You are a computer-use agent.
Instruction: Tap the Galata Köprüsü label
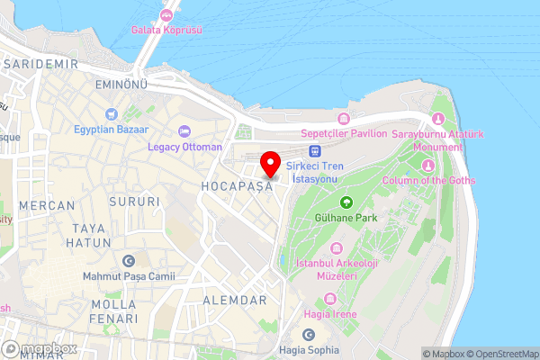coord(166,30)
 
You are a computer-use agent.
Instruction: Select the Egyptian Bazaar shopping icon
coord(110,113)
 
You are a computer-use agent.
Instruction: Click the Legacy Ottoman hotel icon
coord(184,131)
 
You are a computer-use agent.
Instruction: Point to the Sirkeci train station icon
coord(314,151)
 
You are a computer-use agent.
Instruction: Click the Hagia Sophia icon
coord(309,335)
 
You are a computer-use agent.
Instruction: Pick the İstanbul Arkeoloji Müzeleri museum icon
coord(336,248)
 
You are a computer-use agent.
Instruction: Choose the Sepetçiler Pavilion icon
coord(343,119)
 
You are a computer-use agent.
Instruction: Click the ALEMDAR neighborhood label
coord(235,300)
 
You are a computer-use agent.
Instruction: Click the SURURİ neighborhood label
coord(134,202)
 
